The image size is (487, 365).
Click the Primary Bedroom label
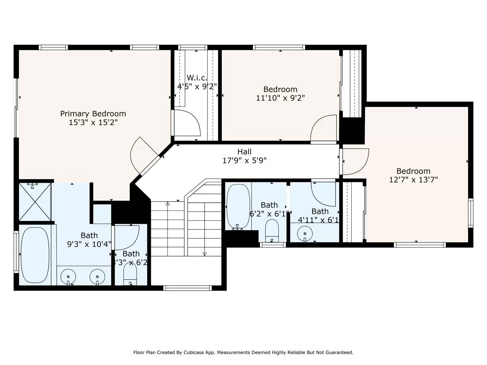tap(93, 114)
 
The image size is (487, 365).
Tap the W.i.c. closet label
tap(197, 78)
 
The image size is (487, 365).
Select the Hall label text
tap(244, 152)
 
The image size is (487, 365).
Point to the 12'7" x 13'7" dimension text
tap(413, 180)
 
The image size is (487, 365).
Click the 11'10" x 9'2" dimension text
tap(280, 98)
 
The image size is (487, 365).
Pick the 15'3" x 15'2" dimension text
tap(93, 122)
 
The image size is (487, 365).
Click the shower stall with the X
tap(35, 202)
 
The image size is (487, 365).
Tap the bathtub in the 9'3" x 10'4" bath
tap(35, 255)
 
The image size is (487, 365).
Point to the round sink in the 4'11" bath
tap(305, 233)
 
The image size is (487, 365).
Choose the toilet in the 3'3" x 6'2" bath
tap(130, 272)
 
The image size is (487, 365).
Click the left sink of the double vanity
tap(68, 277)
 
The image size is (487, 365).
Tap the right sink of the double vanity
tap(97, 277)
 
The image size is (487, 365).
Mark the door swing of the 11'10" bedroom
tap(324, 128)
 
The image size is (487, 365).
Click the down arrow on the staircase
tap(204, 254)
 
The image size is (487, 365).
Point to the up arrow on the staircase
tap(167, 204)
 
